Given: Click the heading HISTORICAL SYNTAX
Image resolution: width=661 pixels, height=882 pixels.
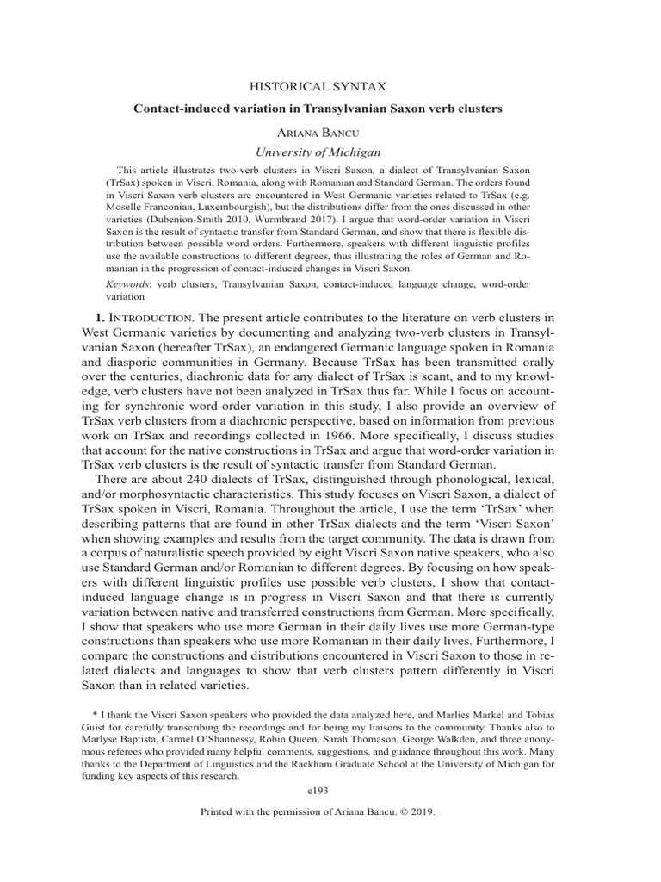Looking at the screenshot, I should click(x=330, y=86).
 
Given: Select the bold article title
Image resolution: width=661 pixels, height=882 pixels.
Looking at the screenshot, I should click(x=330, y=109).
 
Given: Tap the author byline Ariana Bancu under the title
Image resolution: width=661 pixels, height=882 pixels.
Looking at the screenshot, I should click(x=330, y=133).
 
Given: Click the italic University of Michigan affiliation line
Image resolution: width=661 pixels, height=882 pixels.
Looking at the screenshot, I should click(x=330, y=152).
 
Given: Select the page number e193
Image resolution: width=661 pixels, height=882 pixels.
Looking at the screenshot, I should click(x=330, y=790).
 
